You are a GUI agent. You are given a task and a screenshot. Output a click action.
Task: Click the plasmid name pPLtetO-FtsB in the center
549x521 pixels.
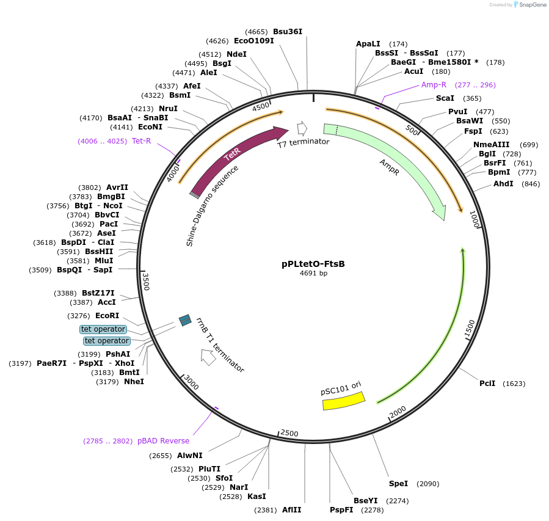click(313, 264)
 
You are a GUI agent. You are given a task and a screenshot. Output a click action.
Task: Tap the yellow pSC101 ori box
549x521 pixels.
click(343, 401)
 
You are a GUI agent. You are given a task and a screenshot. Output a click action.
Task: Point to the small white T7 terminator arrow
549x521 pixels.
click(302, 128)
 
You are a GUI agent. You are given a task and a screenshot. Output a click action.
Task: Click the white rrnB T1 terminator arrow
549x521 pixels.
click(208, 357)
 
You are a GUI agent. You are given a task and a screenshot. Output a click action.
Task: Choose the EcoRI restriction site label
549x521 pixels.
click(107, 316)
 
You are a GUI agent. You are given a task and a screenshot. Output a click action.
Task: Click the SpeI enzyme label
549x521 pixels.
click(398, 484)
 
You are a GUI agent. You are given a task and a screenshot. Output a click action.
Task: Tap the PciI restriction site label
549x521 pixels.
click(487, 384)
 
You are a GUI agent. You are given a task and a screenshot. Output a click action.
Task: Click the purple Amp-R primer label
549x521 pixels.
click(434, 85)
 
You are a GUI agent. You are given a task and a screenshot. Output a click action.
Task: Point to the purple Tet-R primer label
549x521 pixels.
click(141, 141)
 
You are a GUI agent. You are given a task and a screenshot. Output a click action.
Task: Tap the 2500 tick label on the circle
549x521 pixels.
click(289, 433)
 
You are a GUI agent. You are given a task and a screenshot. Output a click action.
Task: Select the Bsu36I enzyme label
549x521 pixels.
click(288, 31)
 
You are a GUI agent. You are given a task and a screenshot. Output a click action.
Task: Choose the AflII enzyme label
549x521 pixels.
click(292, 510)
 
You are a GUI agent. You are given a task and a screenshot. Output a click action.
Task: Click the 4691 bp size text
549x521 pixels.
click(313, 273)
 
